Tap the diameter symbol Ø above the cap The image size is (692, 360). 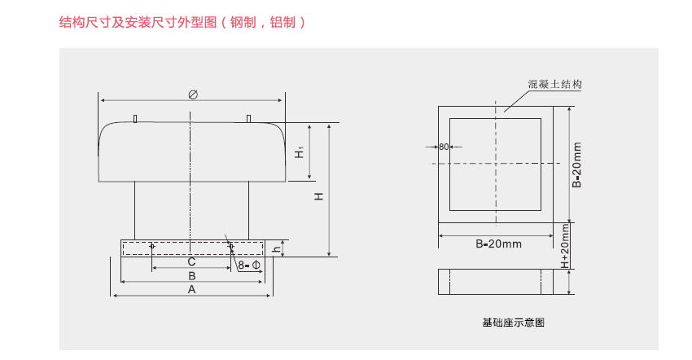(193, 94)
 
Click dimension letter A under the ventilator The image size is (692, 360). (192, 289)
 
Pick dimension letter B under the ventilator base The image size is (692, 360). (192, 276)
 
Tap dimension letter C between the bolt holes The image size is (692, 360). (191, 262)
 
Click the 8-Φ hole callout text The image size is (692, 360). (249, 266)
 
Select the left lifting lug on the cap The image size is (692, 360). (135, 120)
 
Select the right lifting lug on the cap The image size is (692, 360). (247, 120)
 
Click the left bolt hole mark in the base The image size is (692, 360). (152, 246)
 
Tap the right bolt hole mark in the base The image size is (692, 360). (230, 246)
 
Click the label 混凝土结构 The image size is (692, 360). (554, 84)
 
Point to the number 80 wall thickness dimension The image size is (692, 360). (444, 147)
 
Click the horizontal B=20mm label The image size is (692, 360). (498, 244)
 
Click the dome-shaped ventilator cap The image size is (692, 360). (191, 151)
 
